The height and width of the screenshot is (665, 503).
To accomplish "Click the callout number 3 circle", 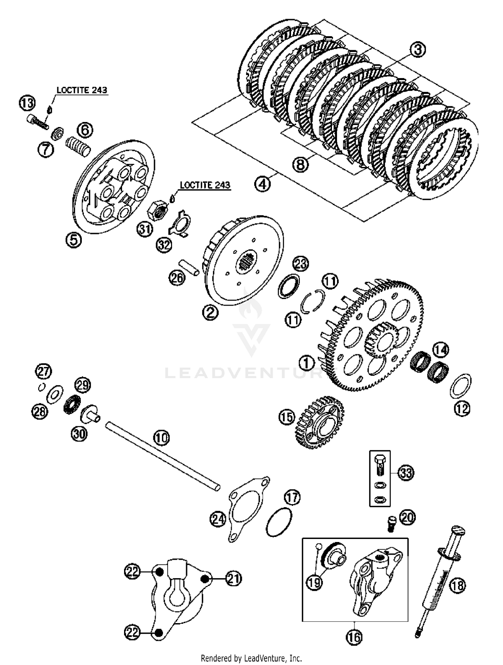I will tap(417, 50).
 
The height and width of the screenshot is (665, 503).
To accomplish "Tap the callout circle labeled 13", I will tap(27, 103).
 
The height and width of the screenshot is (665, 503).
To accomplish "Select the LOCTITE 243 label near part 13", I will tap(82, 90).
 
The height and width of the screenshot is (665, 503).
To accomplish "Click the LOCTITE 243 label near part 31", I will tap(205, 185).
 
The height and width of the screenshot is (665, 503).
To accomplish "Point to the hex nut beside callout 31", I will tap(158, 211).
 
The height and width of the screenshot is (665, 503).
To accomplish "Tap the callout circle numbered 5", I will tap(74, 240).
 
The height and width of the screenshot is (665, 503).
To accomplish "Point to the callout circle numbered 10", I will tap(162, 438).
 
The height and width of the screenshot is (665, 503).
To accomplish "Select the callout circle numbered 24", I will tap(218, 519).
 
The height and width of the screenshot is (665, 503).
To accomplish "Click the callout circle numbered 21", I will tap(234, 579).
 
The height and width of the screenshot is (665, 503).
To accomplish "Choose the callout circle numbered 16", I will tap(354, 637).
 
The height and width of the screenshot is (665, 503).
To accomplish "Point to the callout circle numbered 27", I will tap(44, 371).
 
